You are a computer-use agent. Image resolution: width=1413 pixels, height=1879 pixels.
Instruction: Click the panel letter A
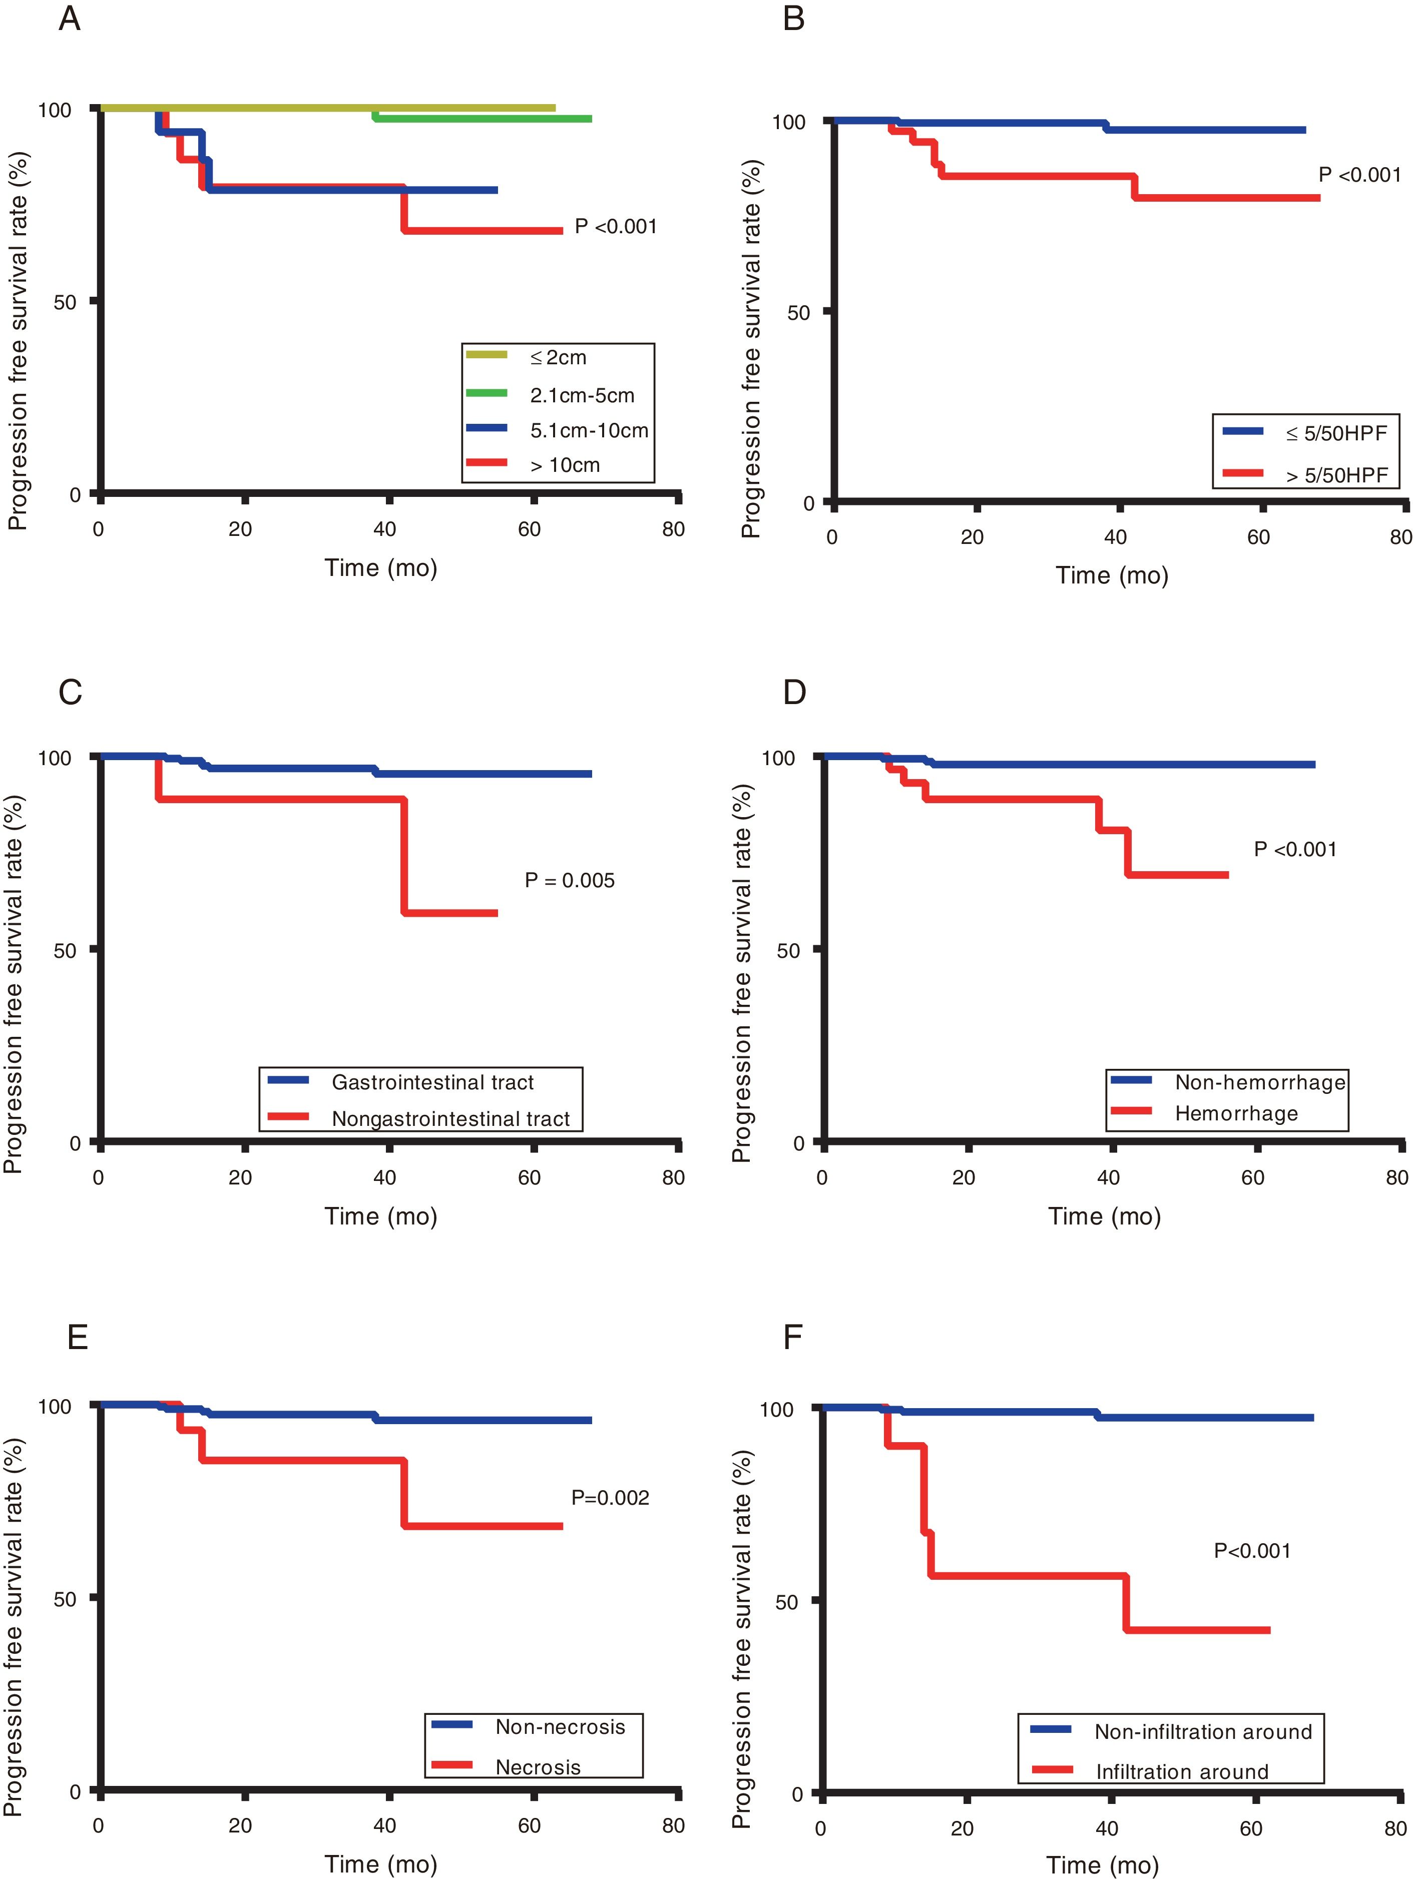click(70, 19)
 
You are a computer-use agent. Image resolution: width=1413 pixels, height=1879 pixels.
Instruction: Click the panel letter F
click(793, 1337)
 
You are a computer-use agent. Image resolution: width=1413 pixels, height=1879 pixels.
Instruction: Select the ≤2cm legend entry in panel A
click(558, 358)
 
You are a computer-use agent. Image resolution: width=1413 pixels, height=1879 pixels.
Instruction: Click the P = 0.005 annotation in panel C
click(569, 880)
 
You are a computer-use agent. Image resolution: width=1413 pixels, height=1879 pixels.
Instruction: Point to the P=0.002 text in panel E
click(610, 1498)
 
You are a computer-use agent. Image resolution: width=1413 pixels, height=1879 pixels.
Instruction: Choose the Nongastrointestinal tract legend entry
click(450, 1119)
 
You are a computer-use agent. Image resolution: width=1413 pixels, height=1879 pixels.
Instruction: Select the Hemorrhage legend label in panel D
click(1236, 1113)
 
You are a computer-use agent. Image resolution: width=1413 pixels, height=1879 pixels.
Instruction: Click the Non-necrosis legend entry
click(560, 1727)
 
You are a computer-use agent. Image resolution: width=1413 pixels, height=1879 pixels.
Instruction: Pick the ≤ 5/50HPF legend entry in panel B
click(1336, 433)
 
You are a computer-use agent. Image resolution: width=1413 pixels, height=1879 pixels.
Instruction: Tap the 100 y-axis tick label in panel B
click(788, 122)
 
